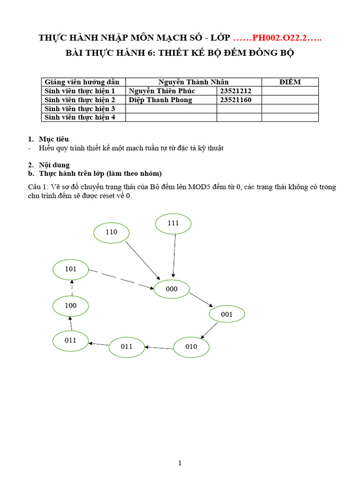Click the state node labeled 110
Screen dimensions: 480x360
(112, 232)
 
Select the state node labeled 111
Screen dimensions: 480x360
(173, 224)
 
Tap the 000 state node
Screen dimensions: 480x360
(172, 289)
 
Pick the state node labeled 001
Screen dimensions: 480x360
(227, 315)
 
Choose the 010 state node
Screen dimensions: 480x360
(191, 347)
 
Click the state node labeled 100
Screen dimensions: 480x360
(71, 306)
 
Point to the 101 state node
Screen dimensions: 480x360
(71, 270)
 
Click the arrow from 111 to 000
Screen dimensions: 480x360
(174, 255)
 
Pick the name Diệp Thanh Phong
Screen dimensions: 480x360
(160, 100)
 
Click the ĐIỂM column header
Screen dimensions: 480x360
(290, 82)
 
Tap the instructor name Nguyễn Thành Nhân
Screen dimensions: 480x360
(193, 82)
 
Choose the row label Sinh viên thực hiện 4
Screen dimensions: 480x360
(80, 117)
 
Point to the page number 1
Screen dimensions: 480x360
(180, 464)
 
